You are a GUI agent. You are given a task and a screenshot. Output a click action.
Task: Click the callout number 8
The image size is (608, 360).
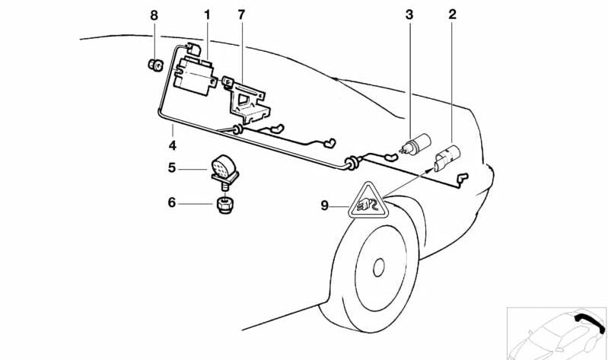(154, 14)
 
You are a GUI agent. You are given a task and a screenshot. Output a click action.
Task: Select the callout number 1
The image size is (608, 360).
(206, 14)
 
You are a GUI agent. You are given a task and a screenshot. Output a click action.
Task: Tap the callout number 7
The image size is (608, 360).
(241, 14)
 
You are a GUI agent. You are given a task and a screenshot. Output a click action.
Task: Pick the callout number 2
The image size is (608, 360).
(453, 14)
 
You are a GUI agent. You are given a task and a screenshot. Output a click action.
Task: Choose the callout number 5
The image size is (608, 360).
(173, 167)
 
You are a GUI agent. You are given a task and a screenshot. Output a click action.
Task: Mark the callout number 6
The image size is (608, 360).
(173, 202)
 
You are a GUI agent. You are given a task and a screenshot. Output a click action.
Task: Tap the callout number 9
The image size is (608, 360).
(324, 204)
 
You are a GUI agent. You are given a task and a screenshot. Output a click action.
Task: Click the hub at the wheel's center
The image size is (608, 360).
(378, 269)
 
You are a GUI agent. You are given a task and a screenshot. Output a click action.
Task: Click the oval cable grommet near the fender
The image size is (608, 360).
(352, 163)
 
